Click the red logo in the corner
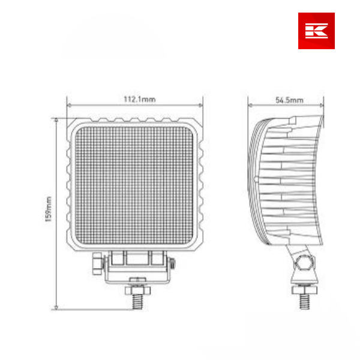[x=316, y=31]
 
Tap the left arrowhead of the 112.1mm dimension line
[x=68, y=106]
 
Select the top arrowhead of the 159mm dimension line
[x=56, y=119]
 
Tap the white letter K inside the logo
[x=316, y=31]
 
